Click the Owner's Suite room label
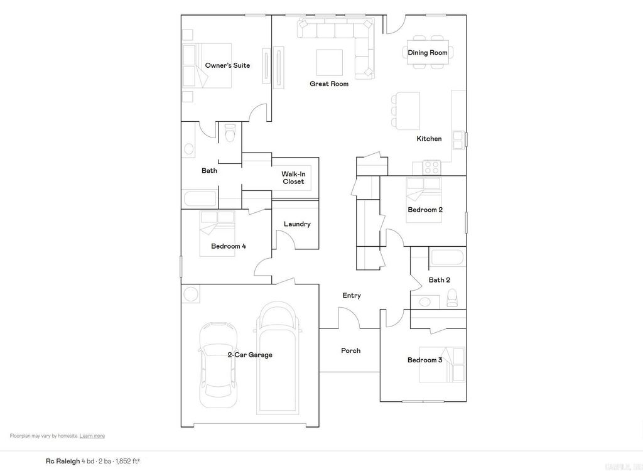pos(227,65)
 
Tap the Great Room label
pos(329,84)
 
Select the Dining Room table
pos(428,53)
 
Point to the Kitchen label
pos(429,139)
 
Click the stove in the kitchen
pos(431,168)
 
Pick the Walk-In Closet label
pos(293,178)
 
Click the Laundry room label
pos(297,224)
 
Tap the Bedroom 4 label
pos(229,246)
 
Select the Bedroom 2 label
pos(425,210)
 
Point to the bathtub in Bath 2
pos(447,258)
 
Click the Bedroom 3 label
pos(425,360)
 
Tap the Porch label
pos(351,350)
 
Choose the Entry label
pos(352,295)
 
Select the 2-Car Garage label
pos(250,355)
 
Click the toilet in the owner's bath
pos(229,133)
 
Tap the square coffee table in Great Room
pos(330,62)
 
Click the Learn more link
pos(92,436)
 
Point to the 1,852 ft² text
pos(127,461)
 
